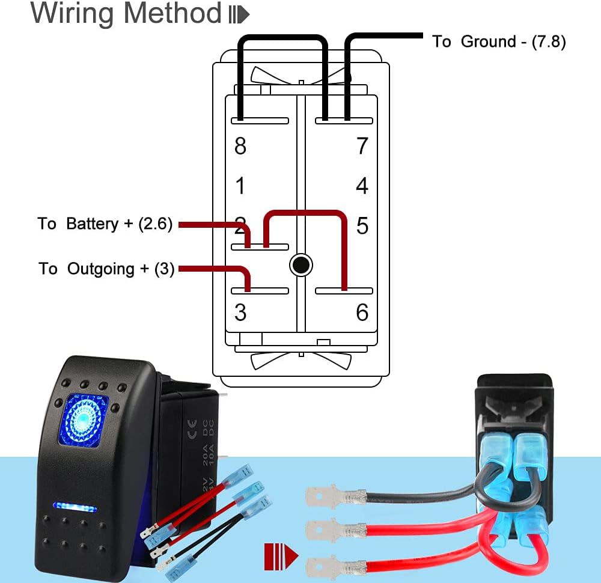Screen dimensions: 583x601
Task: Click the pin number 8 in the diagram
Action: pyautogui.click(x=240, y=146)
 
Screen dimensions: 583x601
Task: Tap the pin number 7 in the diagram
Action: pyautogui.click(x=362, y=146)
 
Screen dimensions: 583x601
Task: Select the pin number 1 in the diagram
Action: pyautogui.click(x=240, y=186)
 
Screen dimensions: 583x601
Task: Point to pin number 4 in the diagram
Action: pyautogui.click(x=362, y=186)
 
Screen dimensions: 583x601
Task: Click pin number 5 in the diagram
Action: pyautogui.click(x=362, y=226)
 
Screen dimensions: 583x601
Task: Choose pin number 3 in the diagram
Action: pyautogui.click(x=240, y=313)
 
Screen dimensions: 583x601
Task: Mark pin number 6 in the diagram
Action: pyautogui.click(x=362, y=313)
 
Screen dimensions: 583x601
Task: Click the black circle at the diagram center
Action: pyautogui.click(x=300, y=264)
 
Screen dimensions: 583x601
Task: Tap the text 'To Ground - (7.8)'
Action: pyautogui.click(x=499, y=41)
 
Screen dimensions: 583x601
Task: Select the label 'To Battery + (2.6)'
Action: pyautogui.click(x=105, y=224)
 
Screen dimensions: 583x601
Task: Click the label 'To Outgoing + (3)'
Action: pyautogui.click(x=106, y=269)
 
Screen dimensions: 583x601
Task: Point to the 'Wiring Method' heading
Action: pyautogui.click(x=126, y=13)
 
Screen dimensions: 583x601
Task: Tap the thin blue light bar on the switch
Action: pyautogui.click(x=75, y=506)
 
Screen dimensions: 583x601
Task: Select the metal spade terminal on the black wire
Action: pyautogui.click(x=328, y=497)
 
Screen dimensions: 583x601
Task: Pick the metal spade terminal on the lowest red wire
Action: pyautogui.click(x=328, y=566)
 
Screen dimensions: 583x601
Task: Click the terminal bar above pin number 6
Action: pyautogui.click(x=344, y=291)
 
